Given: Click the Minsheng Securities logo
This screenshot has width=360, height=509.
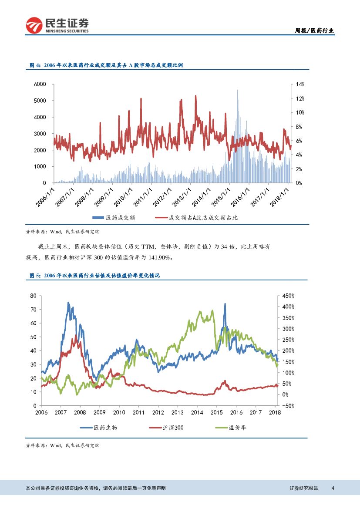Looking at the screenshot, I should tap(57, 26).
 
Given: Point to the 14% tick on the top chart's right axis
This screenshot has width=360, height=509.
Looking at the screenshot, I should tap(300, 84).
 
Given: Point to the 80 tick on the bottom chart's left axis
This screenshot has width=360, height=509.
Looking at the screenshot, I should tap(34, 296).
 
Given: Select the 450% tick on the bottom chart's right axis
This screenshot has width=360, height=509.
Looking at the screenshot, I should tap(288, 296).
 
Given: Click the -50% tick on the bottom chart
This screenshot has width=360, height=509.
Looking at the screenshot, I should tap(288, 406).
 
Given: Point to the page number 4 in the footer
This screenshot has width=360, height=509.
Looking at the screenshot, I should tap(333, 488).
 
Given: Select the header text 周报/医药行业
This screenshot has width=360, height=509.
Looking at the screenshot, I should tap(315, 30).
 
